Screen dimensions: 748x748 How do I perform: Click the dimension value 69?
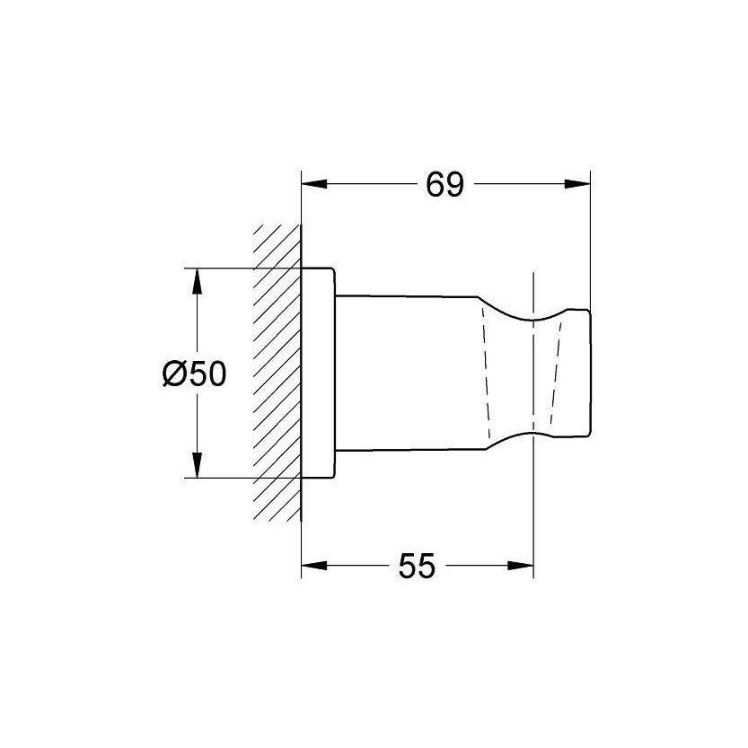444,185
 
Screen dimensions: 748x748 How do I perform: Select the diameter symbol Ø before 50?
174,374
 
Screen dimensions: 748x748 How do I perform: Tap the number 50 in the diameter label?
207,374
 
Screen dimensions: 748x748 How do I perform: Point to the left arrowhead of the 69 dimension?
311,185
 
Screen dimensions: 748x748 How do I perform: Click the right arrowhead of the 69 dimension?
579,185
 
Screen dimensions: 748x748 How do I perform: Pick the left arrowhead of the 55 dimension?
311,567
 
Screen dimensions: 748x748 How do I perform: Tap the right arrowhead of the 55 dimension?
524,567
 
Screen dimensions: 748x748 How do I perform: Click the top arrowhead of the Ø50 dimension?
197,278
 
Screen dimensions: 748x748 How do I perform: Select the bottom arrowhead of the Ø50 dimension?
197,468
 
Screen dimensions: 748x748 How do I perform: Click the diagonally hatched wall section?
277,373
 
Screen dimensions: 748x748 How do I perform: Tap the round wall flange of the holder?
318,373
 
